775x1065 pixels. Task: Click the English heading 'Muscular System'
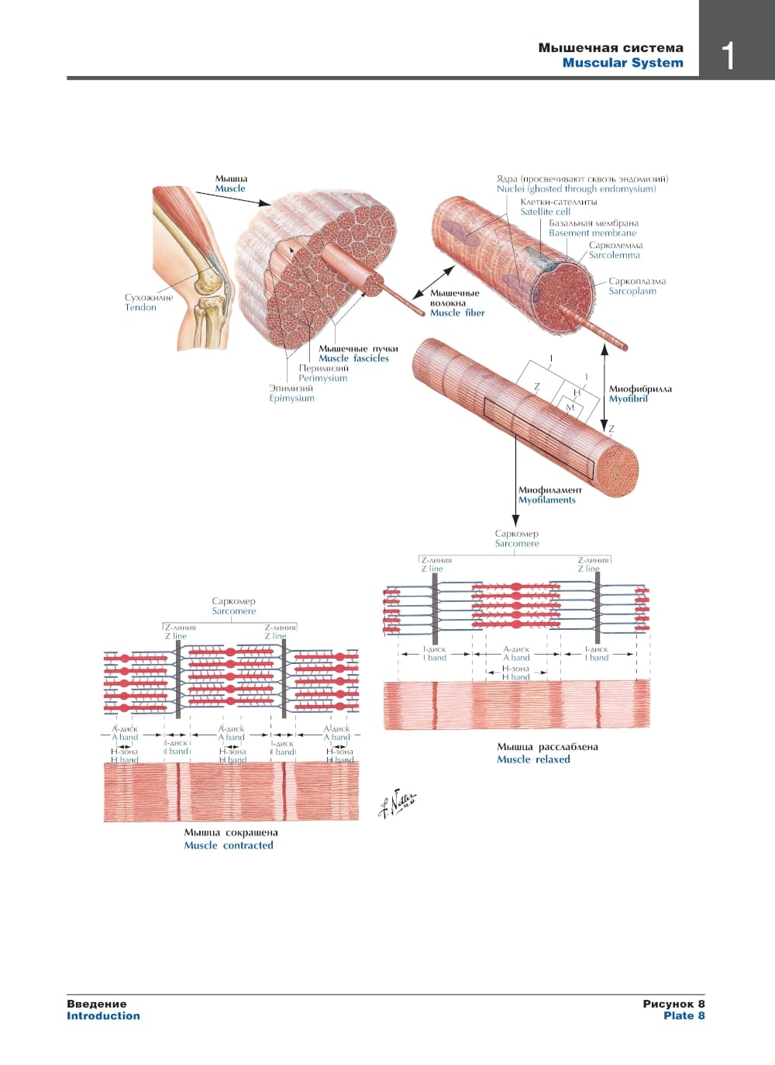[x=622, y=63]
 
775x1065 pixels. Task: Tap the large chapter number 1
[x=728, y=56]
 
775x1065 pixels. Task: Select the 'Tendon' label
[x=140, y=307]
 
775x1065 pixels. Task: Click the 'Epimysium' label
[x=291, y=398]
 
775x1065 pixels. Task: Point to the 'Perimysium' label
[x=322, y=378]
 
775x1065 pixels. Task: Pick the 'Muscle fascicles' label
[x=353, y=358]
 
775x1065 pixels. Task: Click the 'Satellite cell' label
[x=545, y=211]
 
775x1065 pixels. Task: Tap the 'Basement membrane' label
[x=592, y=233]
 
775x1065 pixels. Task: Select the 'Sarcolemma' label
[x=614, y=254]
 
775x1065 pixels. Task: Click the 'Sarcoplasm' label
[x=632, y=291]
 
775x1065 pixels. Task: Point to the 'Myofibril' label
[x=628, y=399]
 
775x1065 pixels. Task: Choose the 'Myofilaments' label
[x=546, y=500]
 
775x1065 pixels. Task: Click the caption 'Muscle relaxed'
[x=533, y=759]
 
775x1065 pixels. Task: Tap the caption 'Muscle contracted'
[x=229, y=845]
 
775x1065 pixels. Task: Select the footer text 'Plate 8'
[x=684, y=1015]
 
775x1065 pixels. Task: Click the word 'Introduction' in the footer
[x=103, y=1015]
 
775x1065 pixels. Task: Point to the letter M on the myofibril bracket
[x=570, y=407]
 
